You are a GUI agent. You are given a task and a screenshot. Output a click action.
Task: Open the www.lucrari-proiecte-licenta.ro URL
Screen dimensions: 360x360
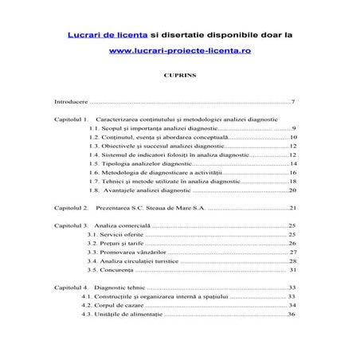pos(179,50)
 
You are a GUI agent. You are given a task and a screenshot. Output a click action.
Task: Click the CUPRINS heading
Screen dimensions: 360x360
pos(179,76)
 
